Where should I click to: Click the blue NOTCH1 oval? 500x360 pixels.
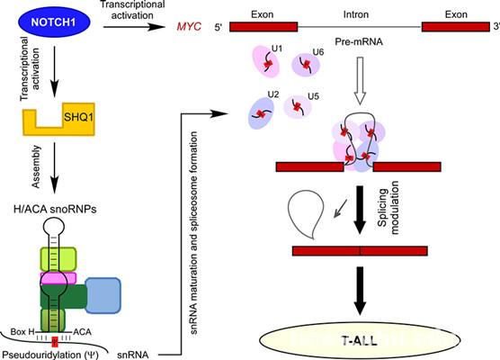(x=54, y=22)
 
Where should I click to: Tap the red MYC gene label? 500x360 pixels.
(x=189, y=26)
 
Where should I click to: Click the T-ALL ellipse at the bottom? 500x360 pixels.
(x=360, y=340)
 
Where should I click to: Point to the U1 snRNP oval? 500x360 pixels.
(x=266, y=61)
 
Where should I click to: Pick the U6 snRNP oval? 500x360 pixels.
(x=306, y=65)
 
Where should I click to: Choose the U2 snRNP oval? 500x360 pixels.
(x=261, y=113)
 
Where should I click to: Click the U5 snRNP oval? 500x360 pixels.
(x=298, y=106)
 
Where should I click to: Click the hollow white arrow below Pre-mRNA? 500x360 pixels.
(x=360, y=81)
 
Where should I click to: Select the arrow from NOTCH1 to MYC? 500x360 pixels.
(x=134, y=27)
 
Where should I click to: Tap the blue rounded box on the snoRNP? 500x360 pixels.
(x=103, y=295)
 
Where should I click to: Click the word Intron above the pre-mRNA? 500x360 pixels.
(x=356, y=14)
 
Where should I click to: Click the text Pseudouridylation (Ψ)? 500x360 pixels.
(x=50, y=355)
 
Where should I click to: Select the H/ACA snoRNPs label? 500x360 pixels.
(x=55, y=210)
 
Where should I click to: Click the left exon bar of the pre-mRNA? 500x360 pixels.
(x=263, y=27)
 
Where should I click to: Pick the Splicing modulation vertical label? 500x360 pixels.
(x=388, y=207)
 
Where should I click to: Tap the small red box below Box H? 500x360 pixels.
(x=55, y=341)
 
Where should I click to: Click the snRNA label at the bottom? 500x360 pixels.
(x=133, y=355)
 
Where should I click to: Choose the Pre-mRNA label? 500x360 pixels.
(x=359, y=41)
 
